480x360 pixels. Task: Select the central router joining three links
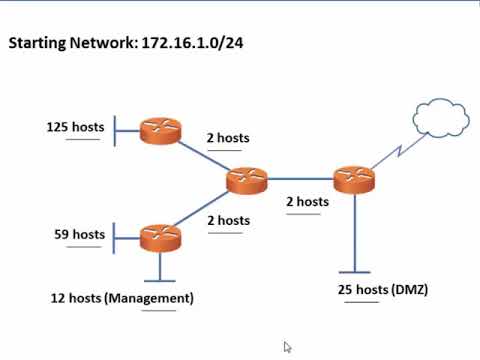point(246,181)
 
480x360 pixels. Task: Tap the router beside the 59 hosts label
point(160,237)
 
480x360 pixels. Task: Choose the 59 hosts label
point(78,235)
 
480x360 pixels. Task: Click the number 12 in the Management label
point(58,298)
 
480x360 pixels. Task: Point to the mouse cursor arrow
point(287,346)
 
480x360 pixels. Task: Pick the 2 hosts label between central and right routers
point(307,201)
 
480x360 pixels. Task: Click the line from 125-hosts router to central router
point(204,156)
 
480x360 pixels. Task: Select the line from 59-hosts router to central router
point(205,208)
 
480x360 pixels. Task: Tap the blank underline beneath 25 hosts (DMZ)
point(361,301)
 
